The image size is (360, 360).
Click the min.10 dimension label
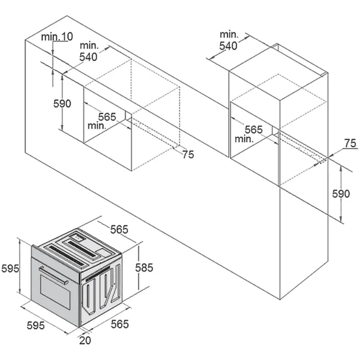pyautogui.click(x=57, y=36)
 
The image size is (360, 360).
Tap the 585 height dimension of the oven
pyautogui.click(x=144, y=268)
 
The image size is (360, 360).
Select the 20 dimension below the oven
pyautogui.click(x=85, y=340)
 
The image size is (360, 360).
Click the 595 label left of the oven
pyautogui.click(x=10, y=268)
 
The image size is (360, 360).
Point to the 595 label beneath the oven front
pyautogui.click(x=36, y=325)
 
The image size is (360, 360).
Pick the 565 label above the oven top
pyautogui.click(x=119, y=229)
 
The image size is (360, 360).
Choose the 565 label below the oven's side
pyautogui.click(x=120, y=324)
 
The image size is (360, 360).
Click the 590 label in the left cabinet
pyautogui.click(x=62, y=104)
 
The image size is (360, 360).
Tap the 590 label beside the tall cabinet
pyautogui.click(x=341, y=194)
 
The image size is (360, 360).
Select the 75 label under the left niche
pyautogui.click(x=188, y=154)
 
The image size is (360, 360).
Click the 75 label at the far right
pyautogui.click(x=351, y=143)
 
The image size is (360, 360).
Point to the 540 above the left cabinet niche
pyautogui.click(x=88, y=57)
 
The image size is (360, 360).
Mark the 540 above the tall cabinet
pyautogui.click(x=228, y=46)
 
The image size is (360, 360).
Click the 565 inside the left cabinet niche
pyautogui.click(x=107, y=117)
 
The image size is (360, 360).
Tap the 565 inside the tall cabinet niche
pyautogui.click(x=253, y=130)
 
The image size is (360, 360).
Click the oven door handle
pyautogui.click(x=54, y=275)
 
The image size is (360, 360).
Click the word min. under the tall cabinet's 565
pyautogui.click(x=244, y=139)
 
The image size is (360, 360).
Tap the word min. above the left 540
pyautogui.click(x=89, y=46)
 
